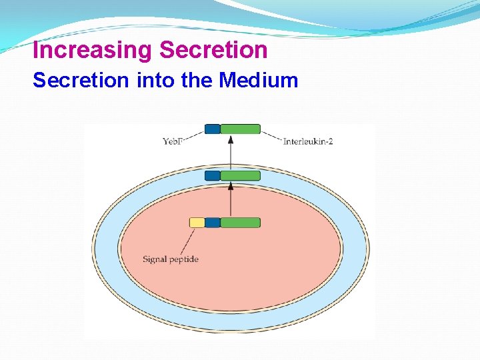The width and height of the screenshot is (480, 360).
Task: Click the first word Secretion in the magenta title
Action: click(214, 51)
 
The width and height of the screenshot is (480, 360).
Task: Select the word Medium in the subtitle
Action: click(259, 81)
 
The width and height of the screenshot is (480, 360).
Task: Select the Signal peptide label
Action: click(171, 259)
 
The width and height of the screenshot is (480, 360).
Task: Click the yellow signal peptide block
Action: click(197, 223)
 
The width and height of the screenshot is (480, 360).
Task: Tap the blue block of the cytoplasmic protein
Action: click(212, 223)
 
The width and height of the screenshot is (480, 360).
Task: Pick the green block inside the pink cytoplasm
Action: click(240, 223)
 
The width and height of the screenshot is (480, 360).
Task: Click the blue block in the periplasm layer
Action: click(212, 175)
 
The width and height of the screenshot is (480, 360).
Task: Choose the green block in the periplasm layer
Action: click(240, 175)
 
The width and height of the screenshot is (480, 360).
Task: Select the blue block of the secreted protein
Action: click(212, 129)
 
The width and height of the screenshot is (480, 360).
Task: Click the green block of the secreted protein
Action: click(240, 129)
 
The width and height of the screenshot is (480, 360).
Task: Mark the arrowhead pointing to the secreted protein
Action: click(231, 140)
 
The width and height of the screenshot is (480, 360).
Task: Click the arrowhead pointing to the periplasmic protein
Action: click(231, 187)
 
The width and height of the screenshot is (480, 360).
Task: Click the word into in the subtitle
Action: click(155, 81)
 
